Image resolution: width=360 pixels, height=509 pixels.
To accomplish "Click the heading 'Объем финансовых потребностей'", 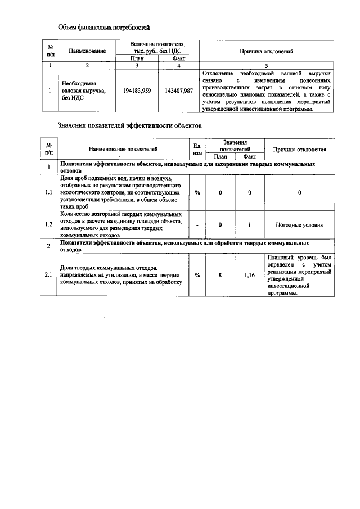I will point(105,27).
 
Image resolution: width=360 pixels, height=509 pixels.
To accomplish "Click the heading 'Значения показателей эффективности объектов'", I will point(129,125).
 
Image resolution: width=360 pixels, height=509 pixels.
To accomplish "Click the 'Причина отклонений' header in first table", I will point(267,51).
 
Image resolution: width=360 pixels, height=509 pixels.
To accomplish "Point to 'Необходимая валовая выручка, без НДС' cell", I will point(84,91).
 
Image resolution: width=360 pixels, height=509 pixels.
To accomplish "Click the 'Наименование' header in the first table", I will point(87,51).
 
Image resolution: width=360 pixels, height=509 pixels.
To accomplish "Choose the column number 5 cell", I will point(267,65).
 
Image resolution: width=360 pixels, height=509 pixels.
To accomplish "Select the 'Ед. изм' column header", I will point(197,149).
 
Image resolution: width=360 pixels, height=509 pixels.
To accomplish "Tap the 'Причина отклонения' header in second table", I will point(299,149).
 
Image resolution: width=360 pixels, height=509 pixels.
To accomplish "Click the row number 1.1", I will point(49,192).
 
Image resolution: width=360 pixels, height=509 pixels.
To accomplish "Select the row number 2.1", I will point(49,275).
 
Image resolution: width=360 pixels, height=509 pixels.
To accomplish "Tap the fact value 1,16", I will point(250,275).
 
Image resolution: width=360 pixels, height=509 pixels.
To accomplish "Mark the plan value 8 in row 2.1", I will point(220,275).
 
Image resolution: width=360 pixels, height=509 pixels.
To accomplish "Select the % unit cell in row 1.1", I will point(197,192).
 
